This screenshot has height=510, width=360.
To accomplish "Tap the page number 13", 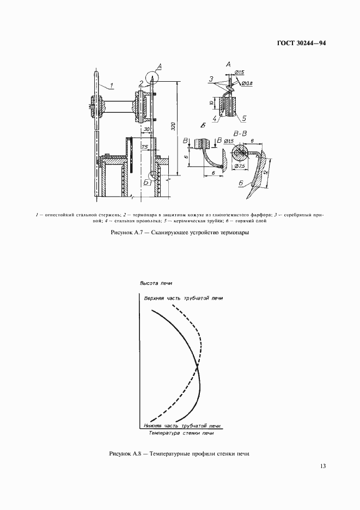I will click(323, 466).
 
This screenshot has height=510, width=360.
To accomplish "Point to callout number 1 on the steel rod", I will click(111, 85).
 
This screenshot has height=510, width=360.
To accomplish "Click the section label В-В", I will click(240, 133).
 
